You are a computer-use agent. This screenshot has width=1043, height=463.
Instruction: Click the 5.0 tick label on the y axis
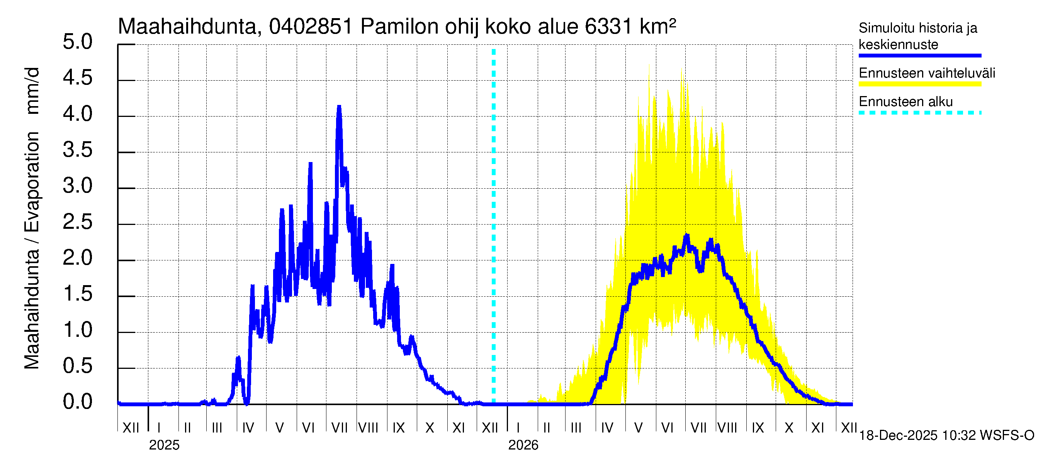77,42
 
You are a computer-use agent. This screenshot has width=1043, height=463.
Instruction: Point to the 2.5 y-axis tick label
77,222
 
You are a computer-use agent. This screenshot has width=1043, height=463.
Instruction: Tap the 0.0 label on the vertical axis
77,402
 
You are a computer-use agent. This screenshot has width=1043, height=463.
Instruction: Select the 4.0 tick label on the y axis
77,114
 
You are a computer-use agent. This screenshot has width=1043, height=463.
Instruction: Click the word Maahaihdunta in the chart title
187,27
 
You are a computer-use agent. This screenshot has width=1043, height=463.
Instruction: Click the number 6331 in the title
608,27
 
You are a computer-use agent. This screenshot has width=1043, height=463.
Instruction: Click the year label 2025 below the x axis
164,445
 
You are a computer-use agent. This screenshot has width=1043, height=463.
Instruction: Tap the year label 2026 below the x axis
523,445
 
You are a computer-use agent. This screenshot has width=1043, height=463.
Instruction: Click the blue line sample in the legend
919,56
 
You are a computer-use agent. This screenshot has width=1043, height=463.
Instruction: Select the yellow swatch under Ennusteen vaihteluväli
919,84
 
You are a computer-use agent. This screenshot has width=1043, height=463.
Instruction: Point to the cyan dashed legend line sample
919,113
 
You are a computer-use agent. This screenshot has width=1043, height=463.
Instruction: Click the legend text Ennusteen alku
906,101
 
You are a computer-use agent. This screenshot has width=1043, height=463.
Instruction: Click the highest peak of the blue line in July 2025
339,107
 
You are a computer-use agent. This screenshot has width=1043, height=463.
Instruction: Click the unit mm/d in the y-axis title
32,91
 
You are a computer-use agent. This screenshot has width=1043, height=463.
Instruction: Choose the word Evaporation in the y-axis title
32,182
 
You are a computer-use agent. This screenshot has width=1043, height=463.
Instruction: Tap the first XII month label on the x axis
131,428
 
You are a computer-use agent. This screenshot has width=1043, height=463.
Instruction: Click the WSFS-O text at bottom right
1008,436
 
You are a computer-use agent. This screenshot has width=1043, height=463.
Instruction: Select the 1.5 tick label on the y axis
77,294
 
